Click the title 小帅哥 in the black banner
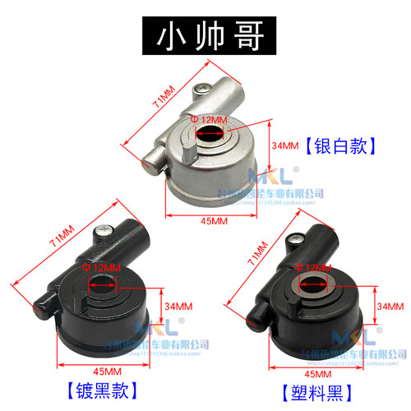click(x=205, y=37)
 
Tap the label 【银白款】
click(x=339, y=146)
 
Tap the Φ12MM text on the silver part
click(x=207, y=120)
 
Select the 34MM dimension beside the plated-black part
click(x=174, y=306)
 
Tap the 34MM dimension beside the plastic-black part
click(x=388, y=305)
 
